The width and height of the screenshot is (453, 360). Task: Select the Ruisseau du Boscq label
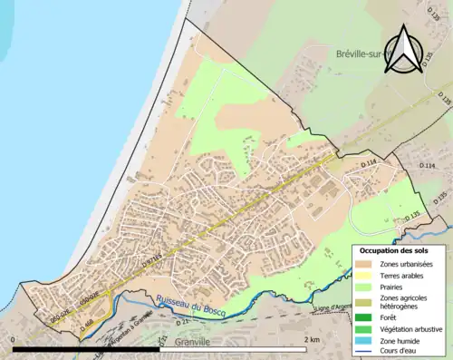(x=191, y=305)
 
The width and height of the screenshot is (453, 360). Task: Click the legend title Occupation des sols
(x=394, y=250)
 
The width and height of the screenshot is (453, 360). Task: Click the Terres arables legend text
(x=405, y=275)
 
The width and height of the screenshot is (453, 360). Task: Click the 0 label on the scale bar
(x=14, y=339)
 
